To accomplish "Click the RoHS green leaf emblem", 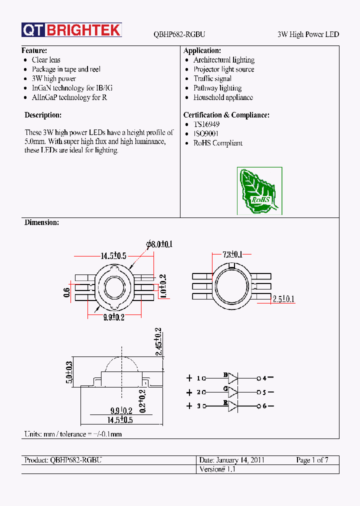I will click(x=259, y=191).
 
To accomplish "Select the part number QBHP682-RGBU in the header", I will click(x=179, y=34).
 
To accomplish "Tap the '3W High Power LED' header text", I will click(x=308, y=34).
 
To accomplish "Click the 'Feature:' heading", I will click(x=34, y=50).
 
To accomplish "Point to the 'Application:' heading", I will click(x=202, y=50).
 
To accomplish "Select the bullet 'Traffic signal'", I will click(x=212, y=78).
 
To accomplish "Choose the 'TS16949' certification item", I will click(x=206, y=124).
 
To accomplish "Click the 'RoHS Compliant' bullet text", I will click(x=218, y=143).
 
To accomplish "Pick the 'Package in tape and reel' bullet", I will click(x=66, y=69).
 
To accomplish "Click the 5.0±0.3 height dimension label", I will click(x=69, y=372).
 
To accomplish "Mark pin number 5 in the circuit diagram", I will click(x=265, y=392).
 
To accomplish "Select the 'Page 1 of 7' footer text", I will click(x=312, y=460).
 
